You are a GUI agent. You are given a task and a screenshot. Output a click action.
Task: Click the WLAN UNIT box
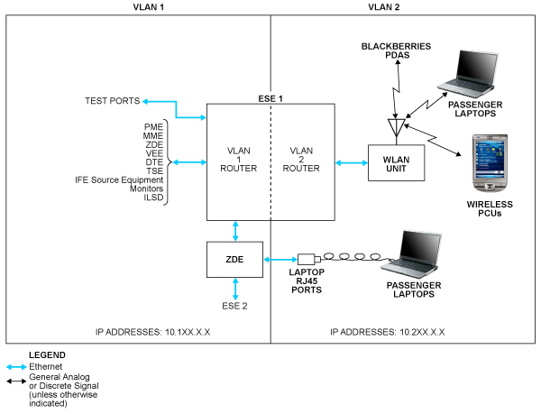pos(391,162)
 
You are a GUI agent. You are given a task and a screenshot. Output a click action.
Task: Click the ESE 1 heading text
pos(270,97)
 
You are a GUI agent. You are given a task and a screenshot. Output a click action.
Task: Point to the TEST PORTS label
pos(111,100)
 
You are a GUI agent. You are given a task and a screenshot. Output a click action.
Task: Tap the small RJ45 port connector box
pos(306,259)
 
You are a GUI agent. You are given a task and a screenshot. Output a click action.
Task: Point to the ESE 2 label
pos(235,305)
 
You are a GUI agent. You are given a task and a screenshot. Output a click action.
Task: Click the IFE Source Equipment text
pos(121,180)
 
